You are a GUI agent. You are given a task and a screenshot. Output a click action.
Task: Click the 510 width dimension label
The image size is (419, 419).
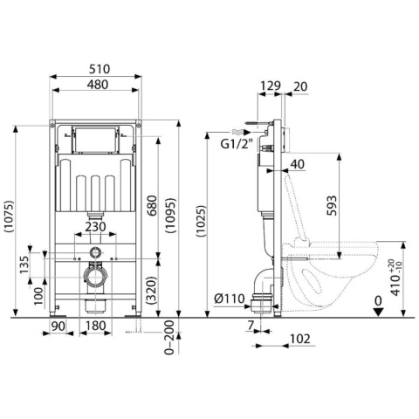(100, 69)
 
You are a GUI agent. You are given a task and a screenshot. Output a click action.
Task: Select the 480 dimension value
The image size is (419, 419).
(97, 85)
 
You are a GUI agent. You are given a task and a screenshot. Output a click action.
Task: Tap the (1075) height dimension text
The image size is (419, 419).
(9, 216)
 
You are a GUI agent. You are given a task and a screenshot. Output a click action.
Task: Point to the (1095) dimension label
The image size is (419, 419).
(171, 216)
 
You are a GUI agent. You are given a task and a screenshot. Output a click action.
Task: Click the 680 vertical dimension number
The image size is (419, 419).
(152, 206)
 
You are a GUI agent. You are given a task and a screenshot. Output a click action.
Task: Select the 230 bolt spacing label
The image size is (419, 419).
(95, 227)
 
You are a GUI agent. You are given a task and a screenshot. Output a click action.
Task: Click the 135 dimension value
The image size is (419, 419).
(24, 264)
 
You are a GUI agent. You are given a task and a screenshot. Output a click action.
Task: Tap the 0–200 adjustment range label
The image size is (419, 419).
(169, 337)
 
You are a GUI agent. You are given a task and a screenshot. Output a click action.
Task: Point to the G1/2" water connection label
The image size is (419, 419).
(237, 144)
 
